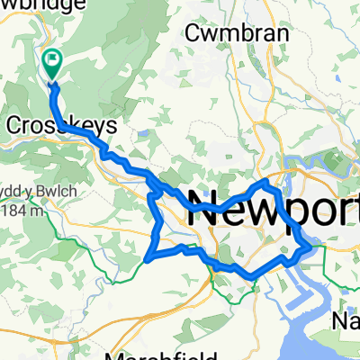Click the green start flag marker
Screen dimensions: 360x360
pyautogui.click(x=51, y=63)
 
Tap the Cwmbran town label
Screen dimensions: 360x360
pyautogui.click(x=238, y=32)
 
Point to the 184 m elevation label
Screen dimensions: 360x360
pyautogui.click(x=22, y=211)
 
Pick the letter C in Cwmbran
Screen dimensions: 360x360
pyautogui.click(x=193, y=32)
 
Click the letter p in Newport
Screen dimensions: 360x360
pyautogui.click(x=289, y=213)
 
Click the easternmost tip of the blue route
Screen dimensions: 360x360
pyautogui.click(x=310, y=244)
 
